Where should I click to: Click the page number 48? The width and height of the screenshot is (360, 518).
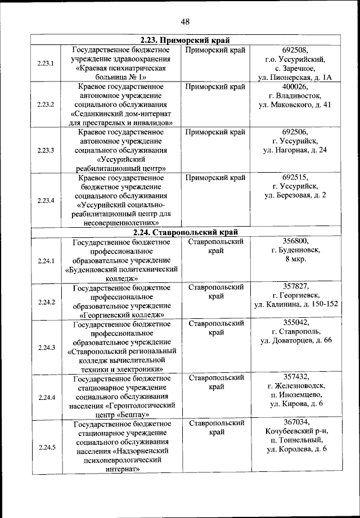coord(185,21)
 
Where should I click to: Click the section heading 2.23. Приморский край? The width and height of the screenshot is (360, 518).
coord(185,40)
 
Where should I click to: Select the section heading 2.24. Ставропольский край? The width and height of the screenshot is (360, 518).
coord(185,232)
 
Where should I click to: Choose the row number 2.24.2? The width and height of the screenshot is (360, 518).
coord(46,302)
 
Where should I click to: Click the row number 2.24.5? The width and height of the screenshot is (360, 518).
coord(46,448)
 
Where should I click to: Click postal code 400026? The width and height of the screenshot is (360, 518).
coord(295,87)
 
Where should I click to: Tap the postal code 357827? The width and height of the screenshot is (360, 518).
coord(295,286)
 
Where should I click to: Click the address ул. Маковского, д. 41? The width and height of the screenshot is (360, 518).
coord(295,105)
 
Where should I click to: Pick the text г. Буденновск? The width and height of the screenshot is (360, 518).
coord(295,250)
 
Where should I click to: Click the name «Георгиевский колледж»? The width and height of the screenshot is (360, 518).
coord(121,314)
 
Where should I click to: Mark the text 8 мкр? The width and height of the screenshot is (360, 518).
coord(295,259)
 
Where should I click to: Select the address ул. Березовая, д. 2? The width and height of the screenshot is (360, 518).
coord(295,195)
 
